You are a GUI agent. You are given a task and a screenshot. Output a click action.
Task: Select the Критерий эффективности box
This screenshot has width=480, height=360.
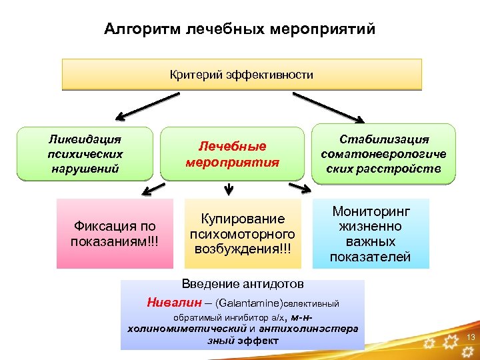point(241,75)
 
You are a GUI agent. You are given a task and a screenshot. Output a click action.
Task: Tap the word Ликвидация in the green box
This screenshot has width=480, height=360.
point(85,140)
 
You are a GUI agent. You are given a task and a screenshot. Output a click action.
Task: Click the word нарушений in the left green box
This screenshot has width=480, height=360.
point(85,168)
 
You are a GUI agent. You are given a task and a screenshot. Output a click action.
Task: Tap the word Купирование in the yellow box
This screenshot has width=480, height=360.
point(243,219)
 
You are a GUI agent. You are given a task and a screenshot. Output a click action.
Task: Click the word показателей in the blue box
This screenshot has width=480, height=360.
point(370,257)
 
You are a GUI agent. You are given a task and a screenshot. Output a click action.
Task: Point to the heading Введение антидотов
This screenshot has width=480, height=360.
point(243,283)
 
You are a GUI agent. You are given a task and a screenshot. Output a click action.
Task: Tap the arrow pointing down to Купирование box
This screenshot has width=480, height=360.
point(229,189)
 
